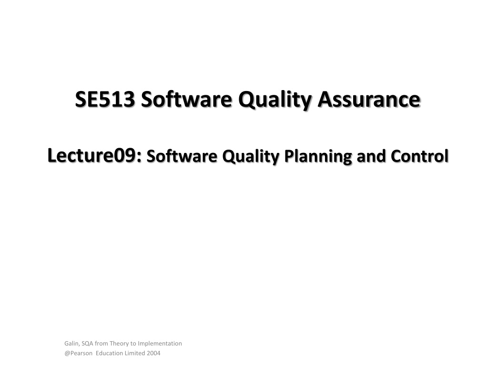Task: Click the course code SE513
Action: click(105, 99)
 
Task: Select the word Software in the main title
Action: click(186, 99)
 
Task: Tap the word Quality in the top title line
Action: click(275, 100)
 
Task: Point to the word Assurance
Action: click(369, 99)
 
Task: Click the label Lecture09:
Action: click(95, 156)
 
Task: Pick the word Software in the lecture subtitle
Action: click(182, 156)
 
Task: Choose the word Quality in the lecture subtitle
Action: click(251, 157)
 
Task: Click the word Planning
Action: click(318, 157)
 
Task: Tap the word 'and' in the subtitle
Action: click(371, 156)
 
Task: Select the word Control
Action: click(419, 156)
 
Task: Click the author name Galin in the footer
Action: click(72, 344)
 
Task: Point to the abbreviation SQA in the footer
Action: click(87, 344)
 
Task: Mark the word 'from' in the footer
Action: click(101, 344)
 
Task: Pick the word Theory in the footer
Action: click(119, 344)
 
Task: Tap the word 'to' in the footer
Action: click(133, 344)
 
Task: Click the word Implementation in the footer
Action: click(160, 344)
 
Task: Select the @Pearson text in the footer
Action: click(79, 353)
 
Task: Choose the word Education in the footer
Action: click(109, 353)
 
